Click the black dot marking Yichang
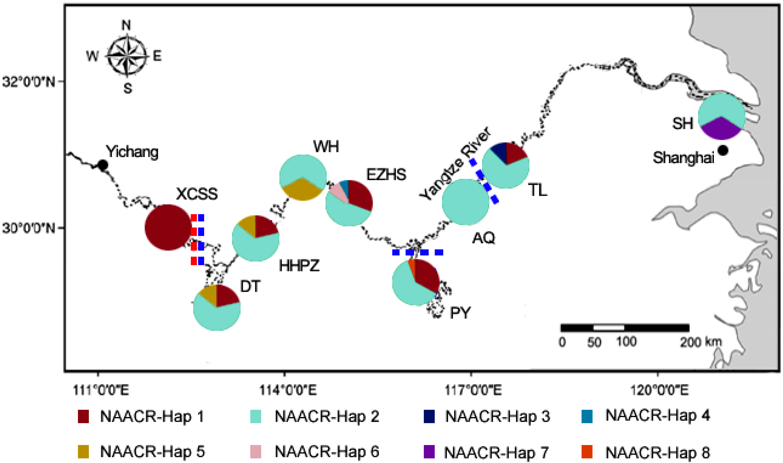coord(103,165)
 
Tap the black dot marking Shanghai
coord(723,151)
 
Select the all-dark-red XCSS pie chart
coord(168,227)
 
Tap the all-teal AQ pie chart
coord(465,202)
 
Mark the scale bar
coord(625,328)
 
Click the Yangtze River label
coord(455,164)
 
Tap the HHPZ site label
coord(299,266)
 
